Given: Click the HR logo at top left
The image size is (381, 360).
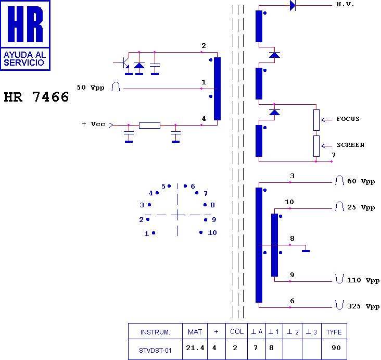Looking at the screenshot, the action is [x=26, y=35].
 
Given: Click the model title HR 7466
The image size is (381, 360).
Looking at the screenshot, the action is [x=36, y=97].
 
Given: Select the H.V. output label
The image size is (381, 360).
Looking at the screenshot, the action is [x=345, y=4].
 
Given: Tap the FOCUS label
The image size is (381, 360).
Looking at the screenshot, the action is [x=348, y=119].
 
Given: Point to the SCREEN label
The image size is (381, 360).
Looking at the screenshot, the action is [x=350, y=145].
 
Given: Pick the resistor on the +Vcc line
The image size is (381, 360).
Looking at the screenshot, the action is [x=149, y=126].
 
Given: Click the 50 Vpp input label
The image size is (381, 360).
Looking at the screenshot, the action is [x=91, y=88].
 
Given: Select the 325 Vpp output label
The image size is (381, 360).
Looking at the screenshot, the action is [x=363, y=306].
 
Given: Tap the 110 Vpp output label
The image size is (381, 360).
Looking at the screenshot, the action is [x=363, y=280].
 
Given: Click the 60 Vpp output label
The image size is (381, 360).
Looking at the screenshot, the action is [x=361, y=181].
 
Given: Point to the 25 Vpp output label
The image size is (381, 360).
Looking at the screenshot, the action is [x=361, y=207].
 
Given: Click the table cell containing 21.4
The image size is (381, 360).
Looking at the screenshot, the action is [x=195, y=349].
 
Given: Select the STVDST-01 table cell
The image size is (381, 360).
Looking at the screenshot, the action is [x=155, y=349].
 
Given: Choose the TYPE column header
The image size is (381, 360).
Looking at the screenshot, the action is [x=334, y=331].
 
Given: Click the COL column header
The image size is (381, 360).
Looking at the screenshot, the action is [x=237, y=331].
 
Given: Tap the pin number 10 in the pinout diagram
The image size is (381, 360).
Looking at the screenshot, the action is [x=212, y=233].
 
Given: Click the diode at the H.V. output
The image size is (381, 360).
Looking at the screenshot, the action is [x=293, y=5].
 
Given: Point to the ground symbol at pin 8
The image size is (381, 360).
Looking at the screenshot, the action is [x=306, y=251].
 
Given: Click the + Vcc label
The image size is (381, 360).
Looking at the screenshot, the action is [x=94, y=124].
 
